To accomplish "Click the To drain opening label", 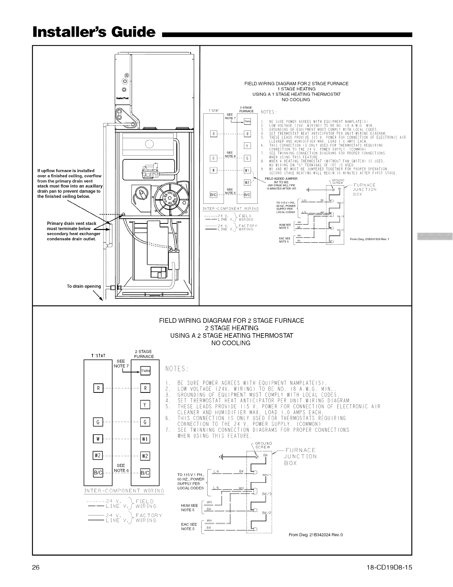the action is pos(84,286).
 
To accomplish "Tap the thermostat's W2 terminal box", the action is pos(98,456).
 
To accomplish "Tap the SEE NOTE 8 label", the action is pos(229,154).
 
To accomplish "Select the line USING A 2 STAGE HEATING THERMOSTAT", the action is pos(231,336).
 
